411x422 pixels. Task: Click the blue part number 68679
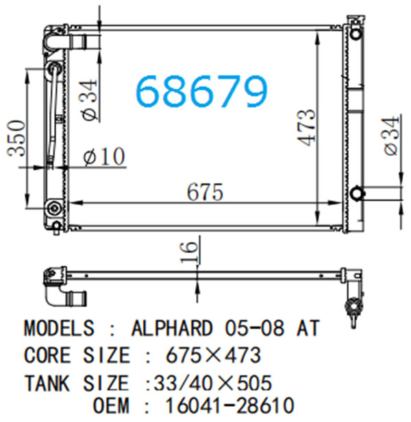tap(202, 91)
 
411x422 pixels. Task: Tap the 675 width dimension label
tap(205, 192)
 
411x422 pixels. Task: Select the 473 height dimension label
tap(306, 128)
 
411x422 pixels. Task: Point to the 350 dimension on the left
tap(16, 138)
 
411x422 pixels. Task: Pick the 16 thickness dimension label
tap(188, 252)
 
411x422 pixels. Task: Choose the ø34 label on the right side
tap(392, 135)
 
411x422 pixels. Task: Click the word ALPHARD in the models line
tap(172, 328)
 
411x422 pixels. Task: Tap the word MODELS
tap(60, 328)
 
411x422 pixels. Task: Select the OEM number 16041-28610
tap(230, 406)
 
